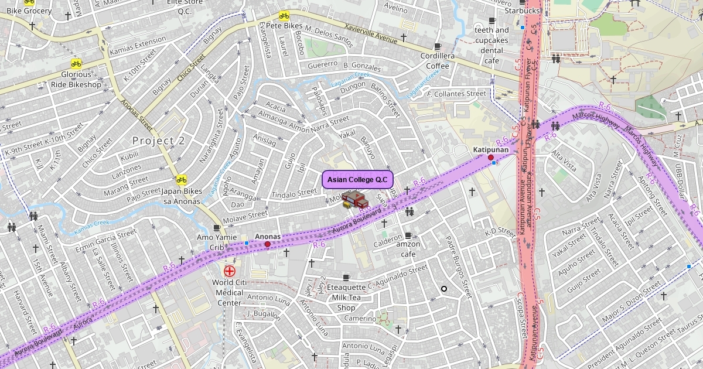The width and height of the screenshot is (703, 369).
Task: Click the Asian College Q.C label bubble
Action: pos(357,180)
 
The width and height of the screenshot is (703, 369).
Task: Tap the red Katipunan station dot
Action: pos(490,158)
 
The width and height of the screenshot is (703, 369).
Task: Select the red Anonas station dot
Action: pos(268,244)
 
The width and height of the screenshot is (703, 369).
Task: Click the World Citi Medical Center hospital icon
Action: pos(229,271)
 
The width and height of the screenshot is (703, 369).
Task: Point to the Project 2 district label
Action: pos(158,141)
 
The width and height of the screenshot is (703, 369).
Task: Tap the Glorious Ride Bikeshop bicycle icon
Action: pos(76,64)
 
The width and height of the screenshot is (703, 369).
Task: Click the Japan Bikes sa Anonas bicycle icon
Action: pos(182,180)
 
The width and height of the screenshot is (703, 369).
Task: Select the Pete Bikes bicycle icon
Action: pos(284,16)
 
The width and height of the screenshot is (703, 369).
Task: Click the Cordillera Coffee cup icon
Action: pos(437,46)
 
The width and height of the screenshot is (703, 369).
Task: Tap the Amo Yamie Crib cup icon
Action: pos(217,227)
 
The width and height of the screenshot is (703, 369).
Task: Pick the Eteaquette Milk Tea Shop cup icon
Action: pos(346,277)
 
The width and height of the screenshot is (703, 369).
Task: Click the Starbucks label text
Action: pos(521,11)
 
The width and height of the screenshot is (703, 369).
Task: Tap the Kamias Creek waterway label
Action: pos(92,227)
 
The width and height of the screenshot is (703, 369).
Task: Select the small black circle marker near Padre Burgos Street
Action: pos(444,288)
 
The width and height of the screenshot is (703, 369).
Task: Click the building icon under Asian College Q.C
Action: pos(353,200)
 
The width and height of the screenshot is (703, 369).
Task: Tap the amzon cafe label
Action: pos(408,249)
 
